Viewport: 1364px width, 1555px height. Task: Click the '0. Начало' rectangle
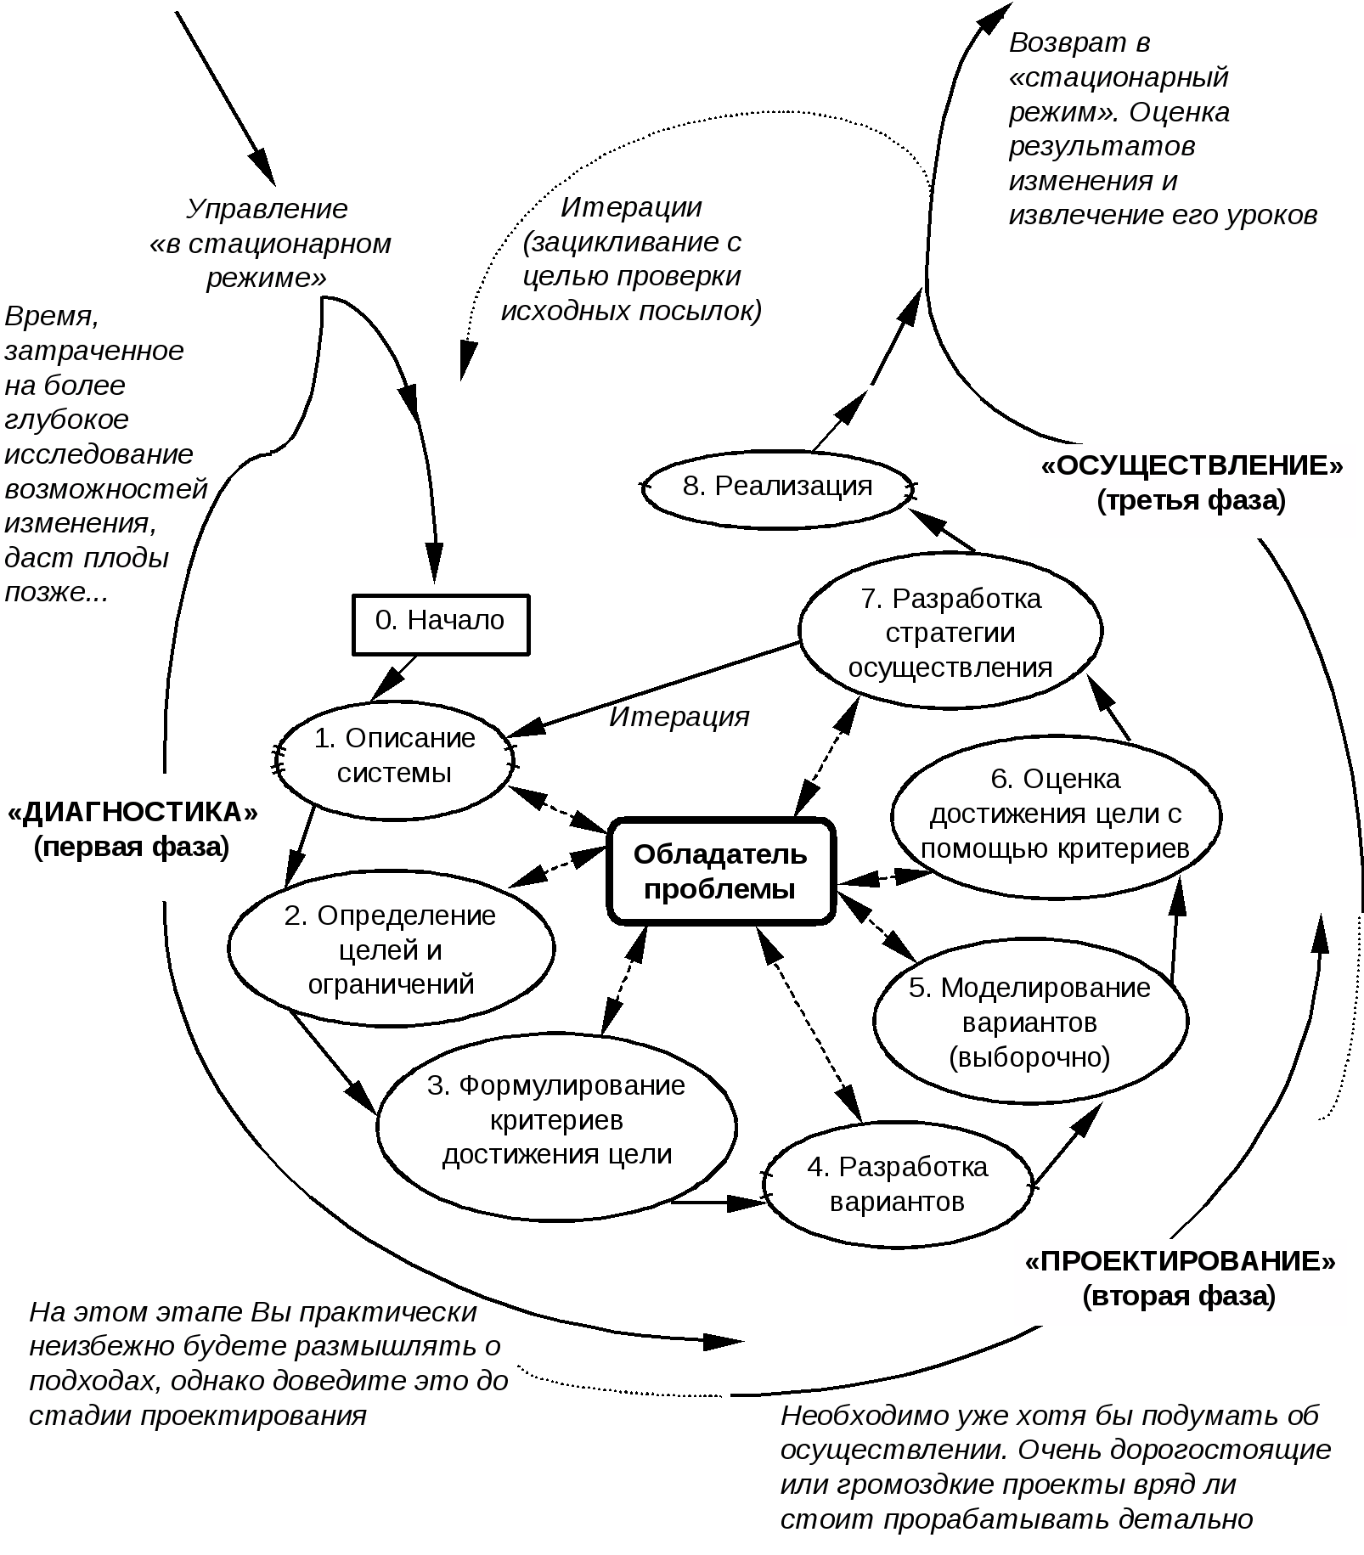[x=441, y=624]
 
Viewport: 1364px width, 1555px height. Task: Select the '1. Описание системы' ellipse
[x=394, y=759]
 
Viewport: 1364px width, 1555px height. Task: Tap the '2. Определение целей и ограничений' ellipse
[x=391, y=949]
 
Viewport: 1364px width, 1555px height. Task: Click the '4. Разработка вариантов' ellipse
[x=898, y=1185]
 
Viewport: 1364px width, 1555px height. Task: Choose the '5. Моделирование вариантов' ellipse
[x=1030, y=1022]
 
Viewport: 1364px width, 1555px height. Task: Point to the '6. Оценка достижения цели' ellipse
[x=1056, y=815]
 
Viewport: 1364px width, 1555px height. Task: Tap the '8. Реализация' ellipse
[x=777, y=489]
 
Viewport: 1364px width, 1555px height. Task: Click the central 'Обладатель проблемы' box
[x=720, y=871]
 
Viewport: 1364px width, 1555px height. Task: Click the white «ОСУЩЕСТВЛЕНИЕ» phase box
[x=1192, y=491]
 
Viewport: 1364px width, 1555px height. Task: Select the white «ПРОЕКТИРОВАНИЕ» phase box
[x=1180, y=1282]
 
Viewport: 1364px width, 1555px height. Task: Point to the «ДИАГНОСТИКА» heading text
[x=132, y=813]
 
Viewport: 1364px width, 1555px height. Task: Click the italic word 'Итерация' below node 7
[x=679, y=718]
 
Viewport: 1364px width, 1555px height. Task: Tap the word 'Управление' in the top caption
[x=267, y=209]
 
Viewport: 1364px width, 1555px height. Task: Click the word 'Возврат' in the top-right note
[x=1079, y=43]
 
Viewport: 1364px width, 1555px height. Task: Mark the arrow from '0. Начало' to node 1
[x=392, y=679]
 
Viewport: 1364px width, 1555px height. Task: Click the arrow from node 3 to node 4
[x=718, y=1202]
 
